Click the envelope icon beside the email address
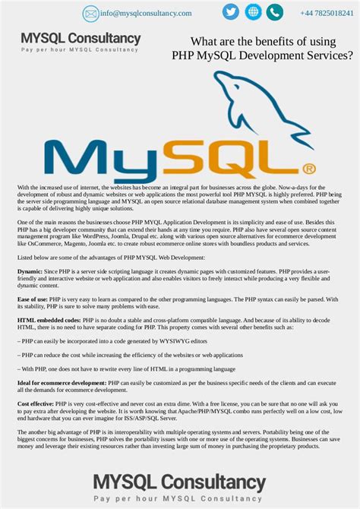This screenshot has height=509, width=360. click(91, 13)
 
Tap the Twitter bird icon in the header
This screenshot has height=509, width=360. click(230, 12)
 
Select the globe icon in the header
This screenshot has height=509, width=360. click(253, 12)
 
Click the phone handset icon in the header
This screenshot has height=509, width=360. click(274, 12)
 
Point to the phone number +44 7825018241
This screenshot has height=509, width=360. click(327, 13)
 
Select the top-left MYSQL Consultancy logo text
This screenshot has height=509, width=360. click(81, 38)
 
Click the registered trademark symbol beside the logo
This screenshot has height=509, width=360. click(308, 169)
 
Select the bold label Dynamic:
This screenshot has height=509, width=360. click(30, 270)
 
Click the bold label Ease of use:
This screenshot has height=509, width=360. click(33, 299)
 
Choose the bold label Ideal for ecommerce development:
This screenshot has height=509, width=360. click(62, 383)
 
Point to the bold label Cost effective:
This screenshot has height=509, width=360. click(35, 404)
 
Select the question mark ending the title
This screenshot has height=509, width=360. click(349, 56)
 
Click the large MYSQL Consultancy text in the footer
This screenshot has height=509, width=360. click(179, 482)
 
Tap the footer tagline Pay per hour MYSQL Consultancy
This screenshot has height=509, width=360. click(179, 498)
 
